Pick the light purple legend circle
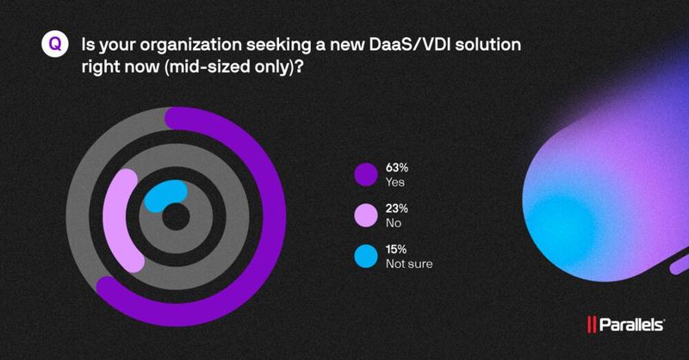[366, 216]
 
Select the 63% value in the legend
[398, 168]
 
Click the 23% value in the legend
[398, 209]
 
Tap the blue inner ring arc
[162, 195]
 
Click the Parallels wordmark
[633, 326]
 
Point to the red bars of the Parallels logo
[593, 326]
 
